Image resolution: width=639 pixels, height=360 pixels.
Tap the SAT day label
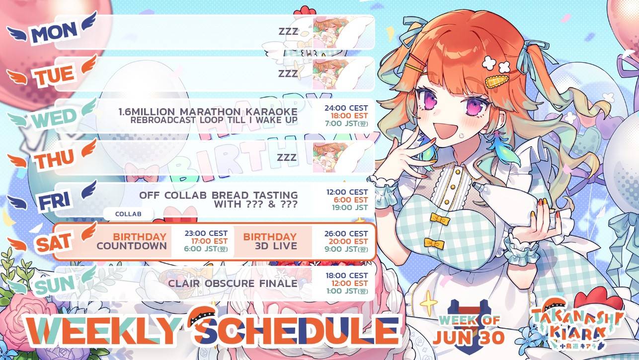tap(54, 242)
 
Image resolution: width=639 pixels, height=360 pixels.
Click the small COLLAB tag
tap(128, 214)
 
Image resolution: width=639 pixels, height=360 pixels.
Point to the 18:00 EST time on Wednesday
tap(349, 116)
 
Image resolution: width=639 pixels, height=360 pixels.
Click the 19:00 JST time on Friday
tap(350, 208)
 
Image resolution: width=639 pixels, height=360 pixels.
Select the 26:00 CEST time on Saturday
tap(346, 234)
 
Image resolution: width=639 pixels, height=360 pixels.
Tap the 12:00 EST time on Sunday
tap(349, 284)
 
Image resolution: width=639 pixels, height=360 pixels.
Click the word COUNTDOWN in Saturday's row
tap(132, 246)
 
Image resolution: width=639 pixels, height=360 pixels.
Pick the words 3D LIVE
tap(276, 246)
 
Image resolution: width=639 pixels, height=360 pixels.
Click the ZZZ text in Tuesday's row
tap(288, 73)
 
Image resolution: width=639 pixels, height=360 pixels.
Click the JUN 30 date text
tap(469, 338)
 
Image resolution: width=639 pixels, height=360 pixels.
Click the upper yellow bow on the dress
tap(439, 218)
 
